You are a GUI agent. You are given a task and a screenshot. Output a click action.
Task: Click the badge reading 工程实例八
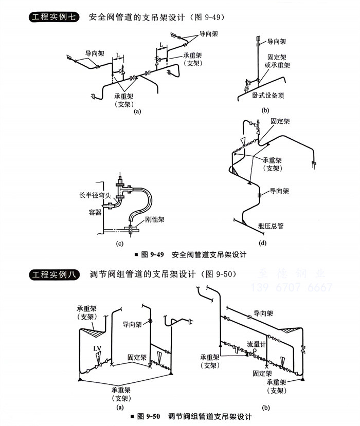53,274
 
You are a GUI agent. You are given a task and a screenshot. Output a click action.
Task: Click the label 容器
95,212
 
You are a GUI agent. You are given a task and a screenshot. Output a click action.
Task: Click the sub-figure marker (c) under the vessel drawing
120,243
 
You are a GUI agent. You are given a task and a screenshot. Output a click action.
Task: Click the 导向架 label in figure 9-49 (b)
276,41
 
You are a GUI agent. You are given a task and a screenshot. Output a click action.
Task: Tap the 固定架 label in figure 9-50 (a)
137,357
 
